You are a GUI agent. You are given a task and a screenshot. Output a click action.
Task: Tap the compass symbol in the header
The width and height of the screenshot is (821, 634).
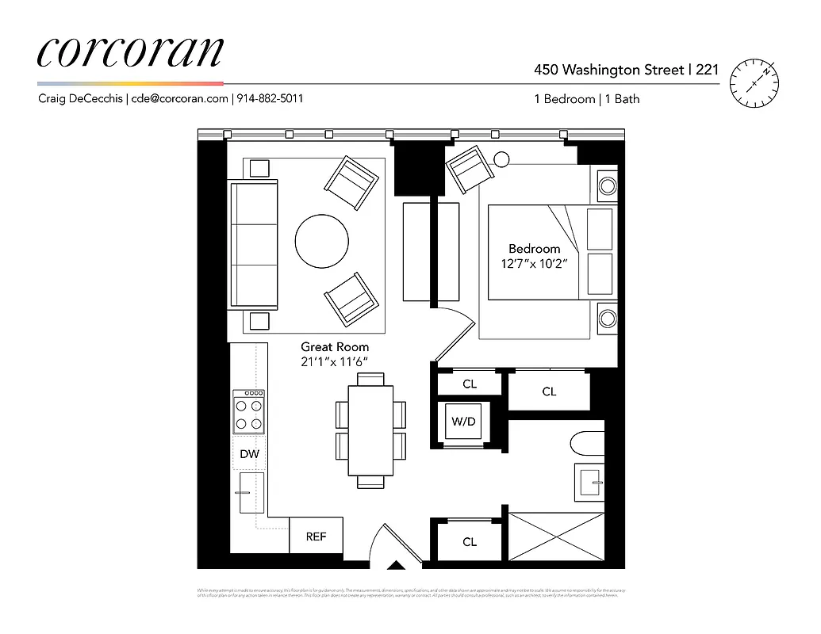tap(751, 83)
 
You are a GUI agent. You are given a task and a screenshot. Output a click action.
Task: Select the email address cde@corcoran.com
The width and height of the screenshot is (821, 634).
tap(179, 99)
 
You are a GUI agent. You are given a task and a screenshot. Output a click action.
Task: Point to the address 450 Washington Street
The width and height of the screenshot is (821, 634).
tap(608, 70)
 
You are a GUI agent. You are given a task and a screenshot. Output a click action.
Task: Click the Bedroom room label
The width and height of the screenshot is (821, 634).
tap(534, 249)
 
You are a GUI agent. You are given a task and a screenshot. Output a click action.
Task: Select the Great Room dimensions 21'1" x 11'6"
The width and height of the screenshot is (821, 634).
tap(334, 362)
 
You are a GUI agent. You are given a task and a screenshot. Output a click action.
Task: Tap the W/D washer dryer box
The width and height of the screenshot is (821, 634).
tap(463, 422)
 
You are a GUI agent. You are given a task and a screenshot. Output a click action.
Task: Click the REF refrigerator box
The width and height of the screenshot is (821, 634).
tap(316, 537)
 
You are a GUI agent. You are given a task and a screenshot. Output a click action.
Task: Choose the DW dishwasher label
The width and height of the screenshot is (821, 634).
tap(249, 454)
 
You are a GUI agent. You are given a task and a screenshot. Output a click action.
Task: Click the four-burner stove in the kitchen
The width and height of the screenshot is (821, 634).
tap(249, 411)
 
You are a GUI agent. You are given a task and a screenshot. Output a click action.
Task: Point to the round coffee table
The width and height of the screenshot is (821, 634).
tap(321, 242)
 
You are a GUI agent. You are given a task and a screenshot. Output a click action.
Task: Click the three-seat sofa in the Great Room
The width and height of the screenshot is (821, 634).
tap(253, 244)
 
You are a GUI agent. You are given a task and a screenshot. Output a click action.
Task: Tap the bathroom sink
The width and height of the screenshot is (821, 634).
tap(589, 481)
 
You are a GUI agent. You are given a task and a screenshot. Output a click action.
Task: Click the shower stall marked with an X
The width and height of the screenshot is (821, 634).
tap(555, 540)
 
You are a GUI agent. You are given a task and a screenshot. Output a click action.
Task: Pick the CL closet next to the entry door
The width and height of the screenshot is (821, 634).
tap(470, 542)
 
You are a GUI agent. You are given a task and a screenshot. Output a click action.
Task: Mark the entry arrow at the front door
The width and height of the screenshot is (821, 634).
tap(394, 565)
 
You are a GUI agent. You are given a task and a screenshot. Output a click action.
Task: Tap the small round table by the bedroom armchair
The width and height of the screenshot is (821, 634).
tap(501, 159)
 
